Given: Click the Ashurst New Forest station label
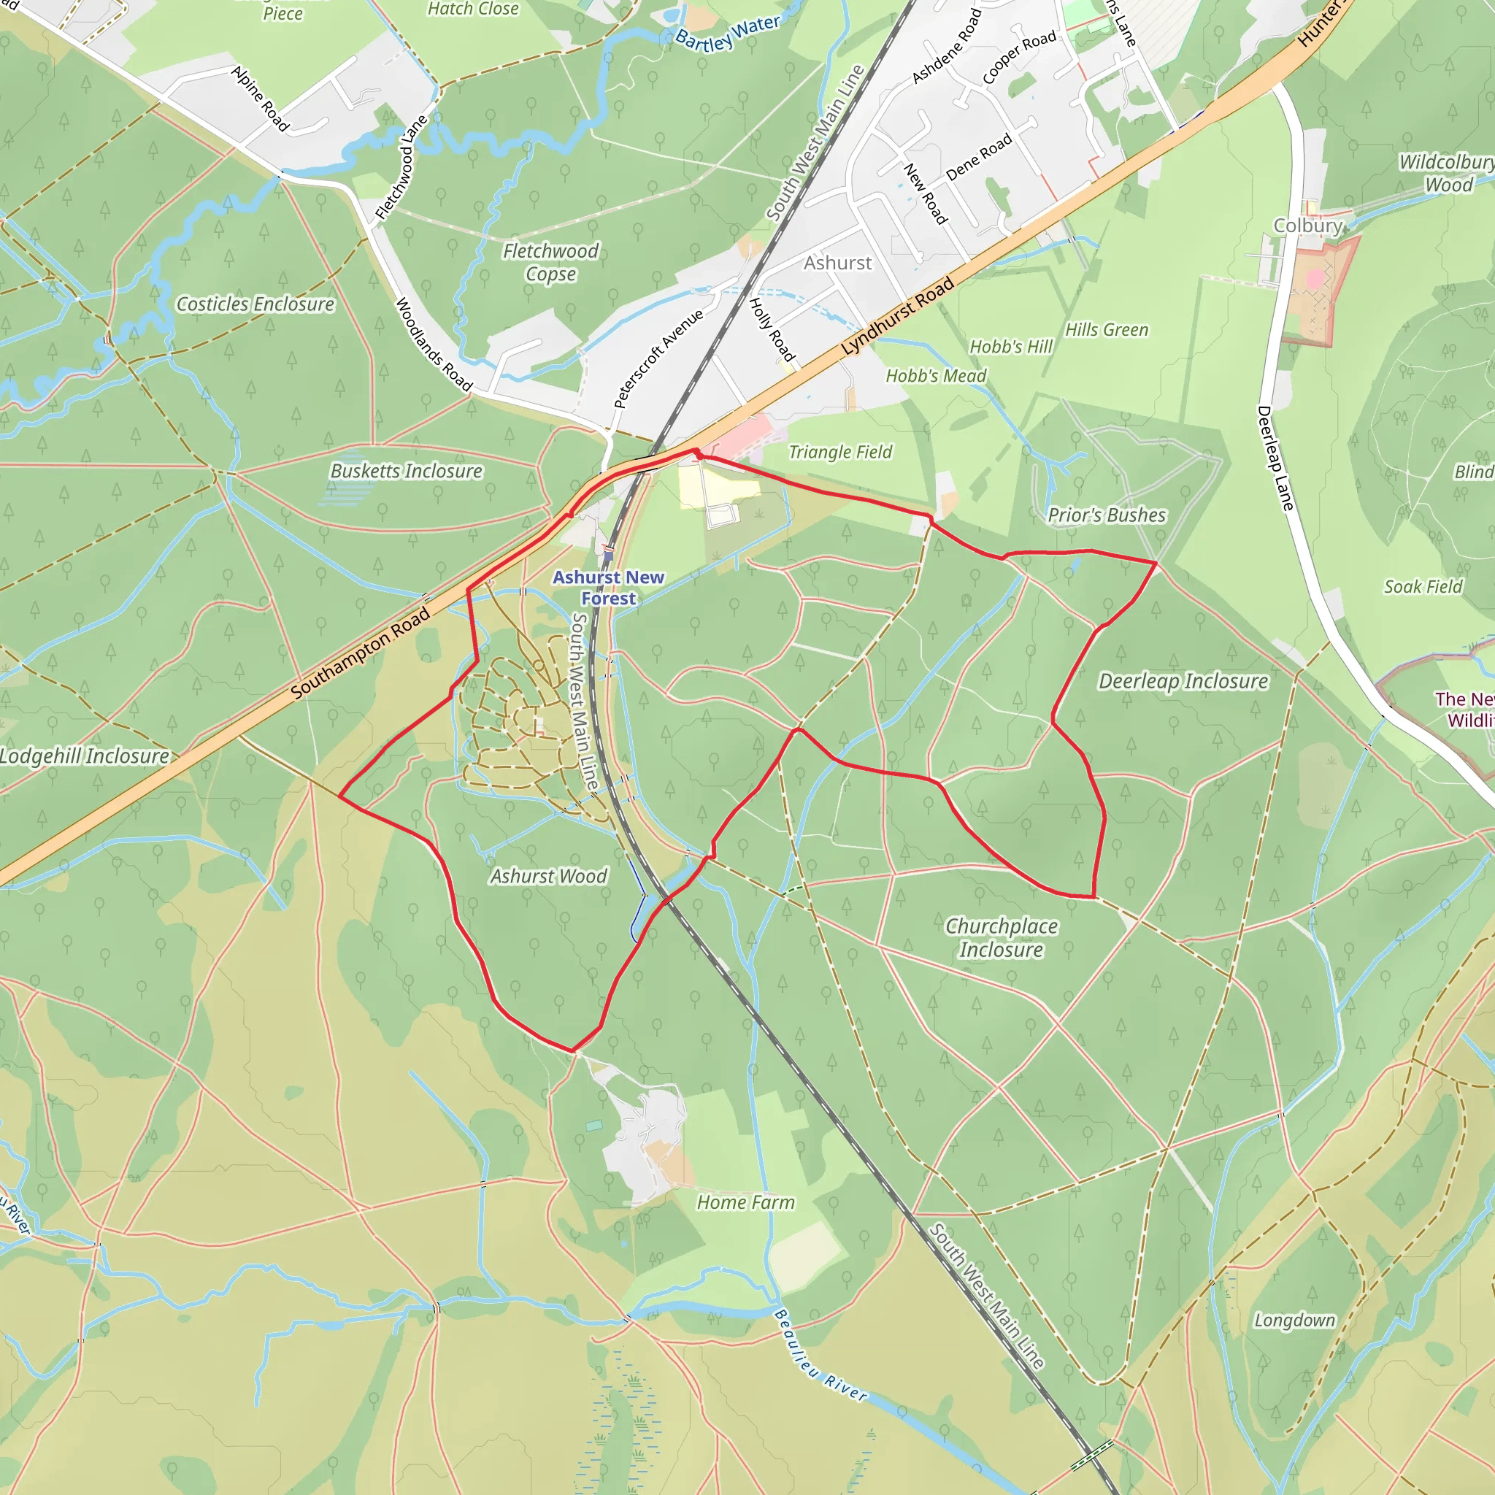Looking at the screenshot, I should coord(608,588).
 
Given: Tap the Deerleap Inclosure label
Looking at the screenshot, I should coord(1183,681).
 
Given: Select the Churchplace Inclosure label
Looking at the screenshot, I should coord(1002,937).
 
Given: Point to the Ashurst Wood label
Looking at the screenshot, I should coord(549,876).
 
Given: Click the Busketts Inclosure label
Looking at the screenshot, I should coord(407,471).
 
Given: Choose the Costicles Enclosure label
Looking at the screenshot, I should coord(255,304).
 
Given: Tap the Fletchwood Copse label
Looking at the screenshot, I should coord(550,262).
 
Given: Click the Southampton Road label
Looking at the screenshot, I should coord(361,653).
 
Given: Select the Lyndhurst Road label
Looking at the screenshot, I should coord(898,318).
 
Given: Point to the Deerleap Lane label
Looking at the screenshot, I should coord(1275,458).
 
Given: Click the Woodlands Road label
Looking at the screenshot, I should coord(434,345).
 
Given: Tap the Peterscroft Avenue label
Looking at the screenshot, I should coord(658,358).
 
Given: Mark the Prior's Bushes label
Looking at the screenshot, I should coord(1107,515).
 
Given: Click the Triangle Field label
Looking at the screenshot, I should coord(840,452).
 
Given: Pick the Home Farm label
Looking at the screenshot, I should coord(745,1202).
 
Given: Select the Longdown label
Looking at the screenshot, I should coord(1294,1320).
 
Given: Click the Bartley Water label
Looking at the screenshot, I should coord(727,34).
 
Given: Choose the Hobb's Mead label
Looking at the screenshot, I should coord(937,376).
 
